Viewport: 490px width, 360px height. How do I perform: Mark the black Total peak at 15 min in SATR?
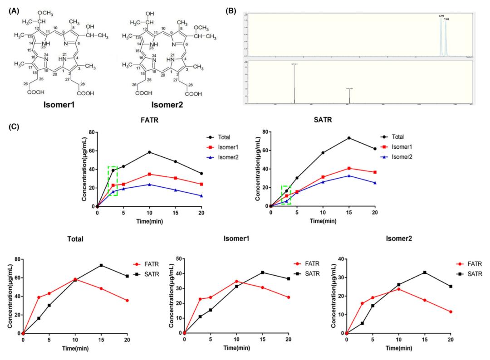tap(349, 138)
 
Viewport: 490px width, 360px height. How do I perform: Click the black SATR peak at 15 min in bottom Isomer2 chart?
tap(424, 272)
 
